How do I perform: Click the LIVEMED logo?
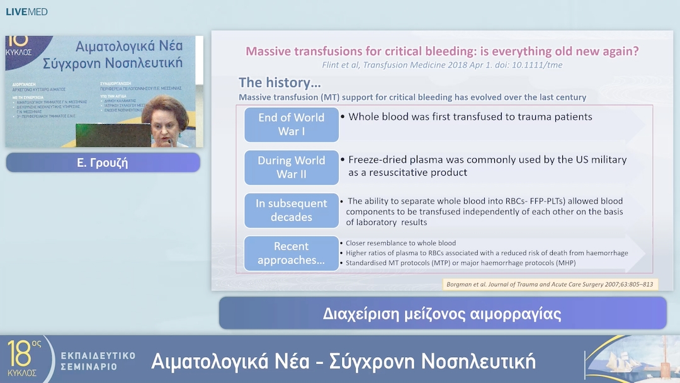[26, 11]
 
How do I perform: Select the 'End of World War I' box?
[291, 124]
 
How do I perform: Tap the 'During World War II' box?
[291, 167]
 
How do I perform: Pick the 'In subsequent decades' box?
[291, 210]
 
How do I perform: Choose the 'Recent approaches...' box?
[291, 253]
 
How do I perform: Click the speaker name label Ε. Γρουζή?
[103, 163]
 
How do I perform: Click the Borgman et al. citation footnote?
[550, 284]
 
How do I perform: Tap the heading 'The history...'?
[280, 83]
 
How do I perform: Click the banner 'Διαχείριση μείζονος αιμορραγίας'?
[442, 313]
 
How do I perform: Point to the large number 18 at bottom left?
[20, 354]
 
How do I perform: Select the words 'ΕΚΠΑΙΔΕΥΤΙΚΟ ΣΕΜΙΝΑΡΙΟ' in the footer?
[98, 361]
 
